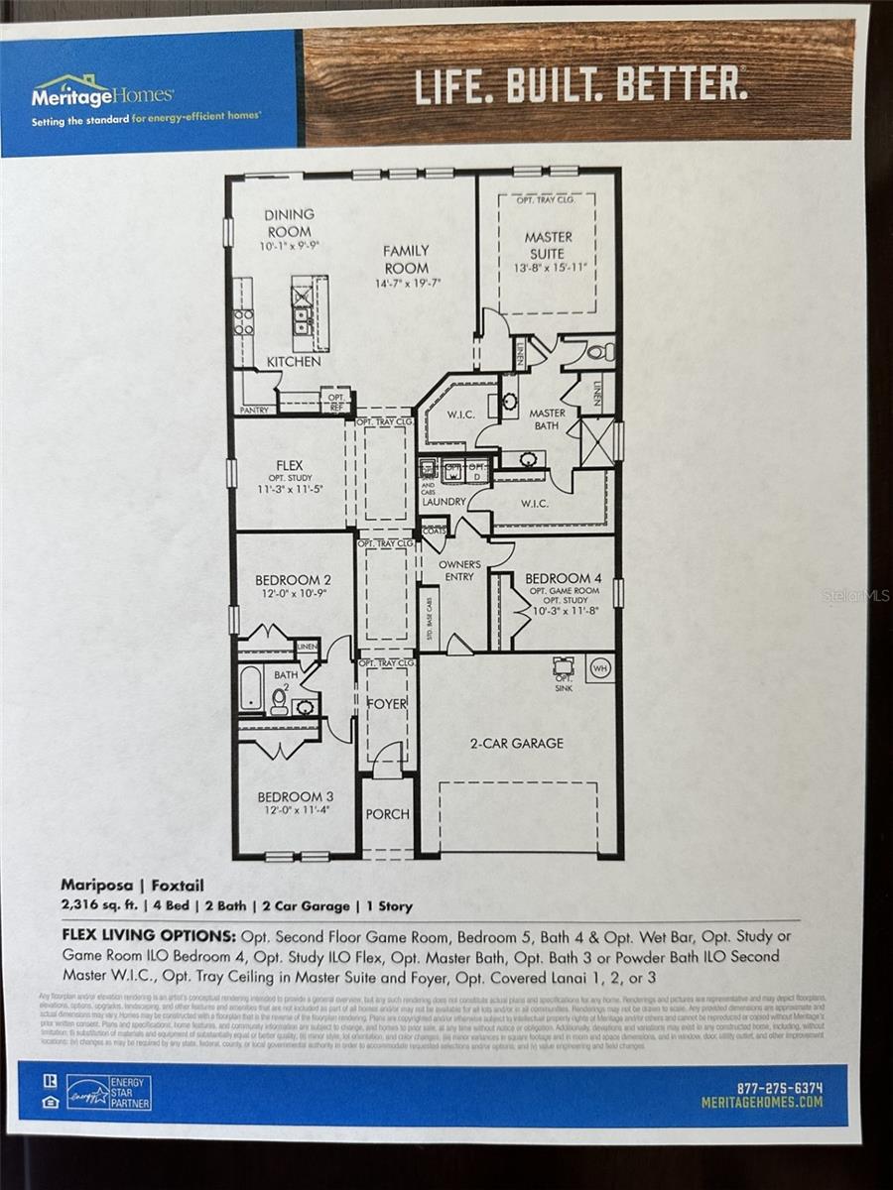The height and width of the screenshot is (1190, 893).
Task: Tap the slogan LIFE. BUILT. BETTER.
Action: click(580, 85)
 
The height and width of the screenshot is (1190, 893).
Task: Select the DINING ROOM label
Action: click(289, 222)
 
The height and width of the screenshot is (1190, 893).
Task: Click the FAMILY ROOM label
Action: click(407, 260)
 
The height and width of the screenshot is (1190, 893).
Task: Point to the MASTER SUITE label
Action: click(549, 244)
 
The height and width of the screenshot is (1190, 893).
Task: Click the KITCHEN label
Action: click(293, 362)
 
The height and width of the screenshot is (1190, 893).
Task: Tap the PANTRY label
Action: click(254, 409)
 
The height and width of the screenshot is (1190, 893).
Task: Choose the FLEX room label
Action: click(290, 465)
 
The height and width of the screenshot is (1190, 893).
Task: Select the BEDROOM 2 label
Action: click(287, 580)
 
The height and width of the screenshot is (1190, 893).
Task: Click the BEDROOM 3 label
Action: click(290, 796)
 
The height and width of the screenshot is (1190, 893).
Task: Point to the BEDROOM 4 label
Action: click(563, 578)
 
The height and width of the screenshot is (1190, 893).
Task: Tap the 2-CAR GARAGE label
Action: click(516, 743)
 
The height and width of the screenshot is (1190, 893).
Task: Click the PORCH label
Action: click(387, 814)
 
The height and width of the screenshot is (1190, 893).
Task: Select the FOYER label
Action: click(387, 704)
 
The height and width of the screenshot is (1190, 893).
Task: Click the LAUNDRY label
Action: click(443, 502)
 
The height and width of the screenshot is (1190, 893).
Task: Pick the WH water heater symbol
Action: click(598, 667)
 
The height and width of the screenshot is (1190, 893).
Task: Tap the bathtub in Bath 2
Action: click(251, 689)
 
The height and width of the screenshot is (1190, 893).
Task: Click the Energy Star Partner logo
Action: click(109, 1092)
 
